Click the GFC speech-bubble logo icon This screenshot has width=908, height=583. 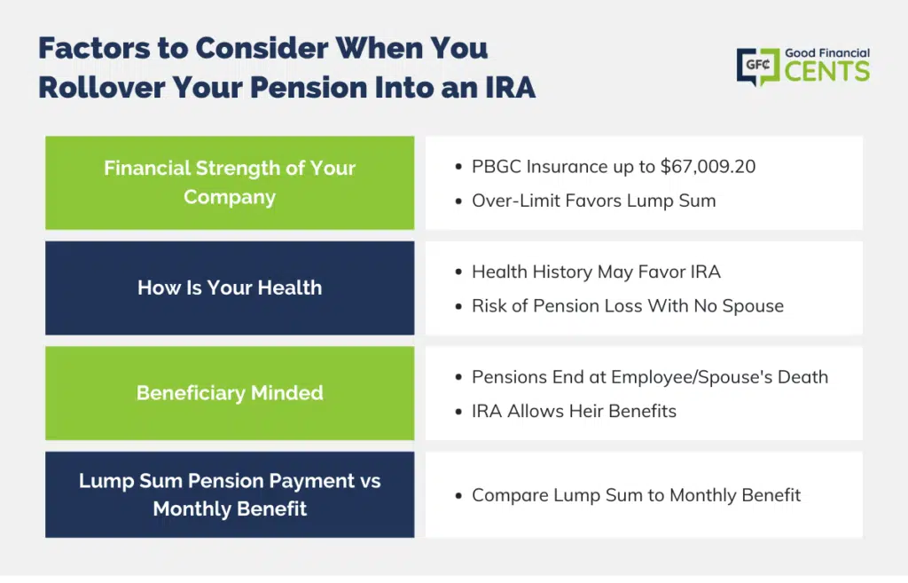point(758,67)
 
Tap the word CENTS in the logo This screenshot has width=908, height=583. point(827,72)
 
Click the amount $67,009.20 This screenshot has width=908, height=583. point(708,167)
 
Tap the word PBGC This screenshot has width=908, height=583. point(497,167)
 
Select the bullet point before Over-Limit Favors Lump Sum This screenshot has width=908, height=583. point(458,201)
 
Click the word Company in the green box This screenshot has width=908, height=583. point(230,198)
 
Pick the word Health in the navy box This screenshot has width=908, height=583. point(290,288)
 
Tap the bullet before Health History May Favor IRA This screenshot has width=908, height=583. point(458,272)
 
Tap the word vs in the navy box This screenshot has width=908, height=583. point(370,482)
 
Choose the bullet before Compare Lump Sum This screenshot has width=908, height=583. point(458,496)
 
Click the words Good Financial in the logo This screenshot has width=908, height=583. point(827,53)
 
